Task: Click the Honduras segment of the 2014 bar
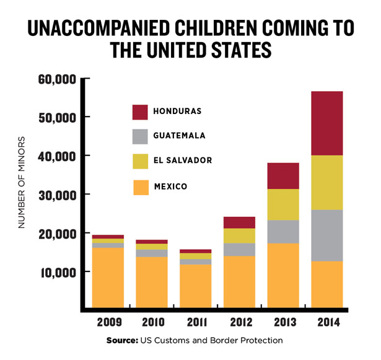(326, 123)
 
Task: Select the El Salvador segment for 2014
(326, 182)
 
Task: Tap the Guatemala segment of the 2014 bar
(326, 235)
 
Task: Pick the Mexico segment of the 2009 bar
(108, 277)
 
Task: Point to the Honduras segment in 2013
(282, 175)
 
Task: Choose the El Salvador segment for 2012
(239, 235)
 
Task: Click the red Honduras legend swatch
(140, 112)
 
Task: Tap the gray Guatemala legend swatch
(140, 136)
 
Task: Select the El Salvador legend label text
(184, 160)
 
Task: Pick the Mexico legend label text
(172, 186)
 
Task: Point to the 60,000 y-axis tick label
(58, 79)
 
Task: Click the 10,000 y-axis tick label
(58, 272)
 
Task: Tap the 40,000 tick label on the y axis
(58, 156)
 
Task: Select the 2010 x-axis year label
(151, 322)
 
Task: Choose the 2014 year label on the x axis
(326, 322)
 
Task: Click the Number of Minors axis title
(22, 182)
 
